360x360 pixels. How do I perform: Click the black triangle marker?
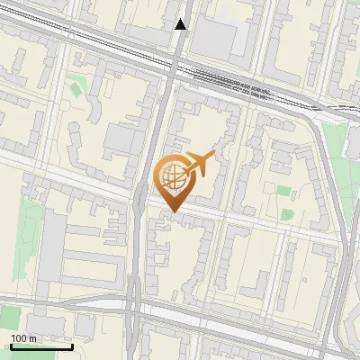(181, 24)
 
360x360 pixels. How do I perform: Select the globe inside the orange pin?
(171, 174)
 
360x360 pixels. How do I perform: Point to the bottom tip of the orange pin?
(173, 212)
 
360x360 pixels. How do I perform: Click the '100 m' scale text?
(23, 337)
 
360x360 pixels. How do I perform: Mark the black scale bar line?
(40, 346)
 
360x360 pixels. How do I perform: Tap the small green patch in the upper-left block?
(76, 87)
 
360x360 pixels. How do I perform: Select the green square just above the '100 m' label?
(10, 317)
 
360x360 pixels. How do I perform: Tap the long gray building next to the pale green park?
(53, 243)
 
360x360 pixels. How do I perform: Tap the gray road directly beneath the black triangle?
(178, 45)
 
